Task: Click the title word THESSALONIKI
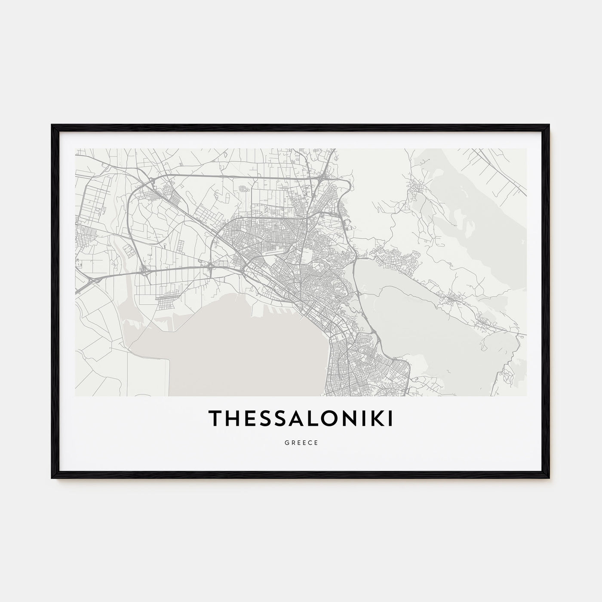pos(301,419)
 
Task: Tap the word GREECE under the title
pos(301,443)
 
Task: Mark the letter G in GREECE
pos(286,443)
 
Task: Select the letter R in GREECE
pos(292,443)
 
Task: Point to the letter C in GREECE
pos(310,443)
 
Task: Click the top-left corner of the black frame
pos(52,125)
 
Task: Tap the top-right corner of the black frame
pos(549,125)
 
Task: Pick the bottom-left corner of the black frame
pos(52,478)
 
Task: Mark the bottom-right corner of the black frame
pos(549,478)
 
